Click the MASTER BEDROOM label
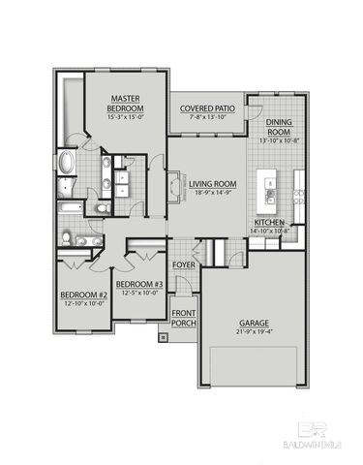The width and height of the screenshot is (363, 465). pos(126,104)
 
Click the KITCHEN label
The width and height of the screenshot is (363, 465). pos(271,222)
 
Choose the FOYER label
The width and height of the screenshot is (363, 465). pos(184,264)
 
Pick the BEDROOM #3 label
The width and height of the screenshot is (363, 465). pos(139,284)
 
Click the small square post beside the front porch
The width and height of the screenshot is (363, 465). pos(162,337)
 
